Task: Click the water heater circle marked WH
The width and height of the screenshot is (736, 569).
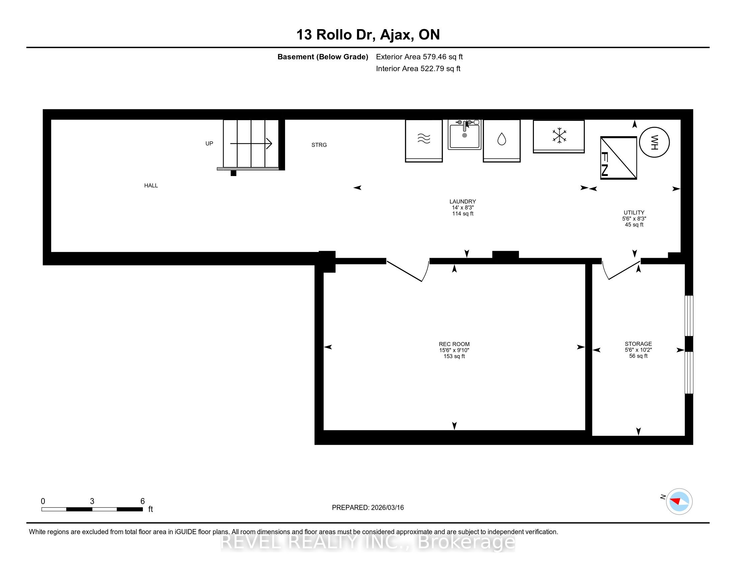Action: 654,142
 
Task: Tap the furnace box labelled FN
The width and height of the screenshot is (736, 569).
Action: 618,157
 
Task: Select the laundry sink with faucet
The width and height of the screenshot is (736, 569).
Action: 464,135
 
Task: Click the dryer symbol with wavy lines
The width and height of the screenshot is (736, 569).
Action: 424,141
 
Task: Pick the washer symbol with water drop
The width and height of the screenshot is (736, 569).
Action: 501,141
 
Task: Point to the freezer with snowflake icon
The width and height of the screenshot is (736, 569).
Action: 558,137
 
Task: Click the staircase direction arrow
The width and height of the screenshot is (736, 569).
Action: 251,144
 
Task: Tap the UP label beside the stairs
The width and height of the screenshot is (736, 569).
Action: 209,144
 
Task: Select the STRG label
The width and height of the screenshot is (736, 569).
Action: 319,145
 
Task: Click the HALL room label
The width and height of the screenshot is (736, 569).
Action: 151,185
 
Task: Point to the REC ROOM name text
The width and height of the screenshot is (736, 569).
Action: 454,344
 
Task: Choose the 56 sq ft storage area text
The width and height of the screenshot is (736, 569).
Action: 638,356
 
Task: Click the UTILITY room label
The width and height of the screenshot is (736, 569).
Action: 634,213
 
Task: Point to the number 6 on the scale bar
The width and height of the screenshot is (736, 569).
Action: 143,501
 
